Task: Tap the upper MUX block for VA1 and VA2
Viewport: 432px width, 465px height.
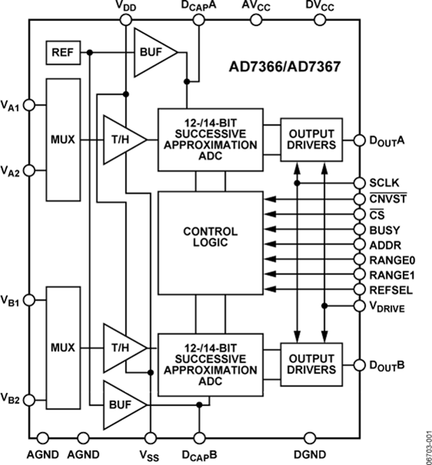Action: coord(63,139)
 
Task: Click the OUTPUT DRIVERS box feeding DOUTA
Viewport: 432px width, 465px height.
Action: coord(312,139)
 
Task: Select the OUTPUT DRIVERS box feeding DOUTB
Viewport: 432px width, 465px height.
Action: coord(312,364)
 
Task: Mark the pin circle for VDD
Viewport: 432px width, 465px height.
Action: coord(125,20)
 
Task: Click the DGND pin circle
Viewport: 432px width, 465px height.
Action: coord(310,437)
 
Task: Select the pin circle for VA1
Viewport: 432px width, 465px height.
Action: coord(29,104)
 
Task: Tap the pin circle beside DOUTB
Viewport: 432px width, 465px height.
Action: coord(359,365)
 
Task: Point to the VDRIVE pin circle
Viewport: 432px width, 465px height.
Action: coord(359,305)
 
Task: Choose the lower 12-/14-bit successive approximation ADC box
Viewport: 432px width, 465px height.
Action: coord(210,365)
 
